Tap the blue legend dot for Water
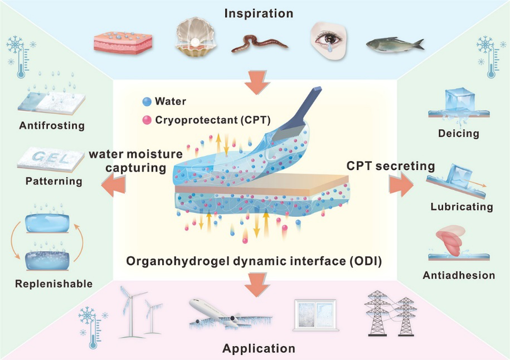147,102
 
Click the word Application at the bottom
259,349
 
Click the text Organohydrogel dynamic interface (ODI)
254,260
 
